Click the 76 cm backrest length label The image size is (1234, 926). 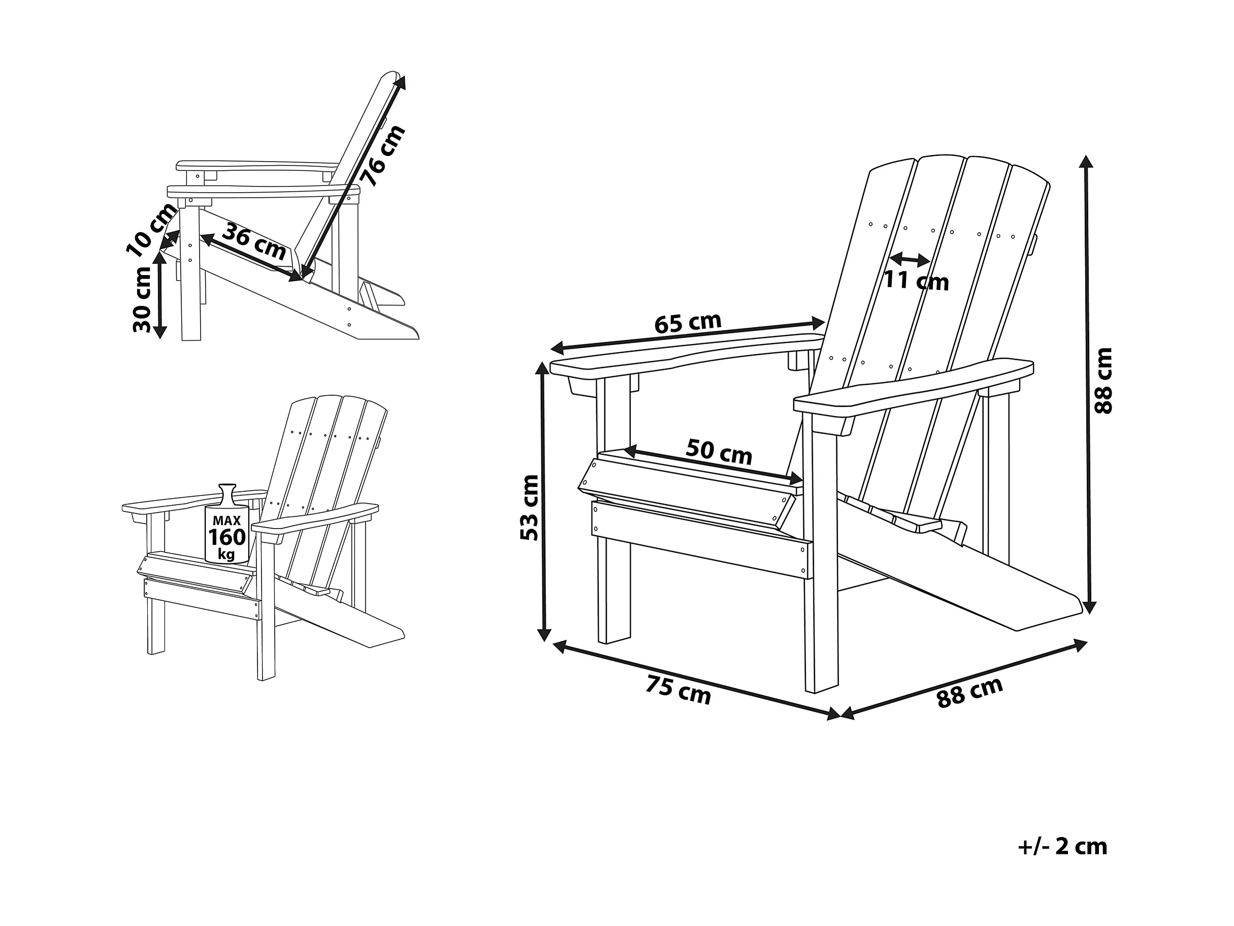pyautogui.click(x=383, y=157)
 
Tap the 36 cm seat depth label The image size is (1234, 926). pyautogui.click(x=254, y=243)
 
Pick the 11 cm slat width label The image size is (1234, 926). pyautogui.click(x=916, y=281)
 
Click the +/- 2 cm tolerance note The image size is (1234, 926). pyautogui.click(x=1062, y=847)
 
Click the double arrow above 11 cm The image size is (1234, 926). pyautogui.click(x=910, y=259)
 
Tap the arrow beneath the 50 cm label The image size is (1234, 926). pyautogui.click(x=713, y=465)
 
